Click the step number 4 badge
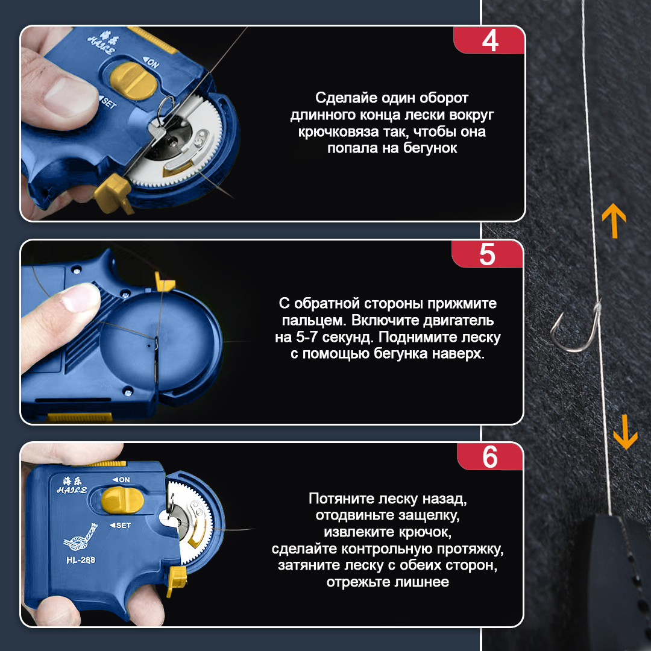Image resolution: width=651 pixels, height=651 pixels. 489,40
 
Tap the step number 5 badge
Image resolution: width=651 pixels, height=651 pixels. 488,254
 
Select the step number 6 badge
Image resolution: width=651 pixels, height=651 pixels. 490,457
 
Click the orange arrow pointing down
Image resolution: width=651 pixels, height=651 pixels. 625,432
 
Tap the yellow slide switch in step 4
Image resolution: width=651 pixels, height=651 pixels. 133,81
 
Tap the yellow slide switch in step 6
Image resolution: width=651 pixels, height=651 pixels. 122,500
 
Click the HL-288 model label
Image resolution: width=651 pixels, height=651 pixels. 81,560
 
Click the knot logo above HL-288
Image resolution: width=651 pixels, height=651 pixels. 81,537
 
